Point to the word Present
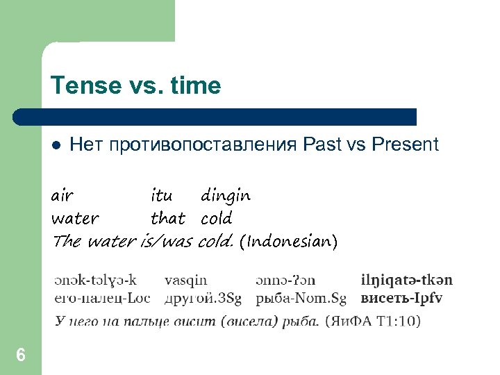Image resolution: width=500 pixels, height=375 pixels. click(x=406, y=144)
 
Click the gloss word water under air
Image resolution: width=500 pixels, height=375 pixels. click(x=75, y=219)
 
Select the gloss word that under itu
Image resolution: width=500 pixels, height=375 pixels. click(x=168, y=219)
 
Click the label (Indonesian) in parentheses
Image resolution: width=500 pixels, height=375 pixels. click(x=288, y=242)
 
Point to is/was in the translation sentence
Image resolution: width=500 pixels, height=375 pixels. click(x=167, y=242)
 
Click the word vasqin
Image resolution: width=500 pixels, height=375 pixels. click(x=185, y=281)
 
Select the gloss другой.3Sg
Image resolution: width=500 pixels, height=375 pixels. click(x=203, y=298)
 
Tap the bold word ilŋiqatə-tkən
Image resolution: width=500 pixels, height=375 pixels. click(x=407, y=281)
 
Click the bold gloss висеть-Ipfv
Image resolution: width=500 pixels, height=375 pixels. click(x=401, y=298)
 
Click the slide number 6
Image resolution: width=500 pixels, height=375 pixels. click(x=21, y=356)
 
